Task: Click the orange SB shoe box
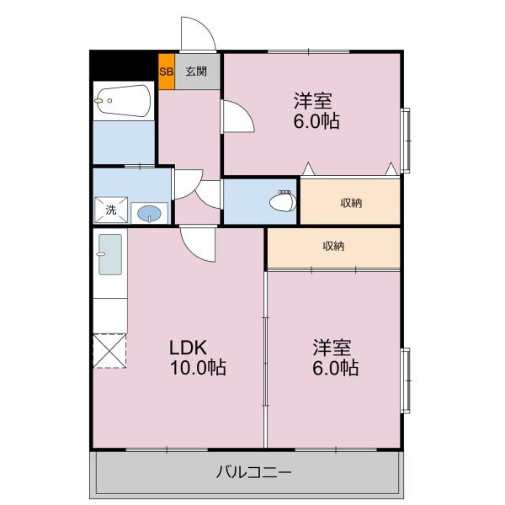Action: pos(167,72)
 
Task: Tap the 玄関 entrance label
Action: pos(196,72)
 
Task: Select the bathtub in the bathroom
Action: pos(124,100)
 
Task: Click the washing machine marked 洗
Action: pos(111,210)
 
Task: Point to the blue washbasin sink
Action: pos(150,213)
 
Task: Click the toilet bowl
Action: pos(283,201)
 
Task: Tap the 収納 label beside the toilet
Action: pos(351,203)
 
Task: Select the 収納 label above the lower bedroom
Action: pos(333,247)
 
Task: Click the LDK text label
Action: pos(188,347)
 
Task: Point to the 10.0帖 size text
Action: pos(198,367)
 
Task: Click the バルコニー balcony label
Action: pos(254,472)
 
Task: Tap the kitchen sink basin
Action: pos(110,254)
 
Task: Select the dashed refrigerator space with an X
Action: pos(109,351)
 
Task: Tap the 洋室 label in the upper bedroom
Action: pos(312,101)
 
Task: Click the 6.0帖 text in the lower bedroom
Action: pos(335,368)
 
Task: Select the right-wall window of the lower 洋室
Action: pos(407,380)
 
